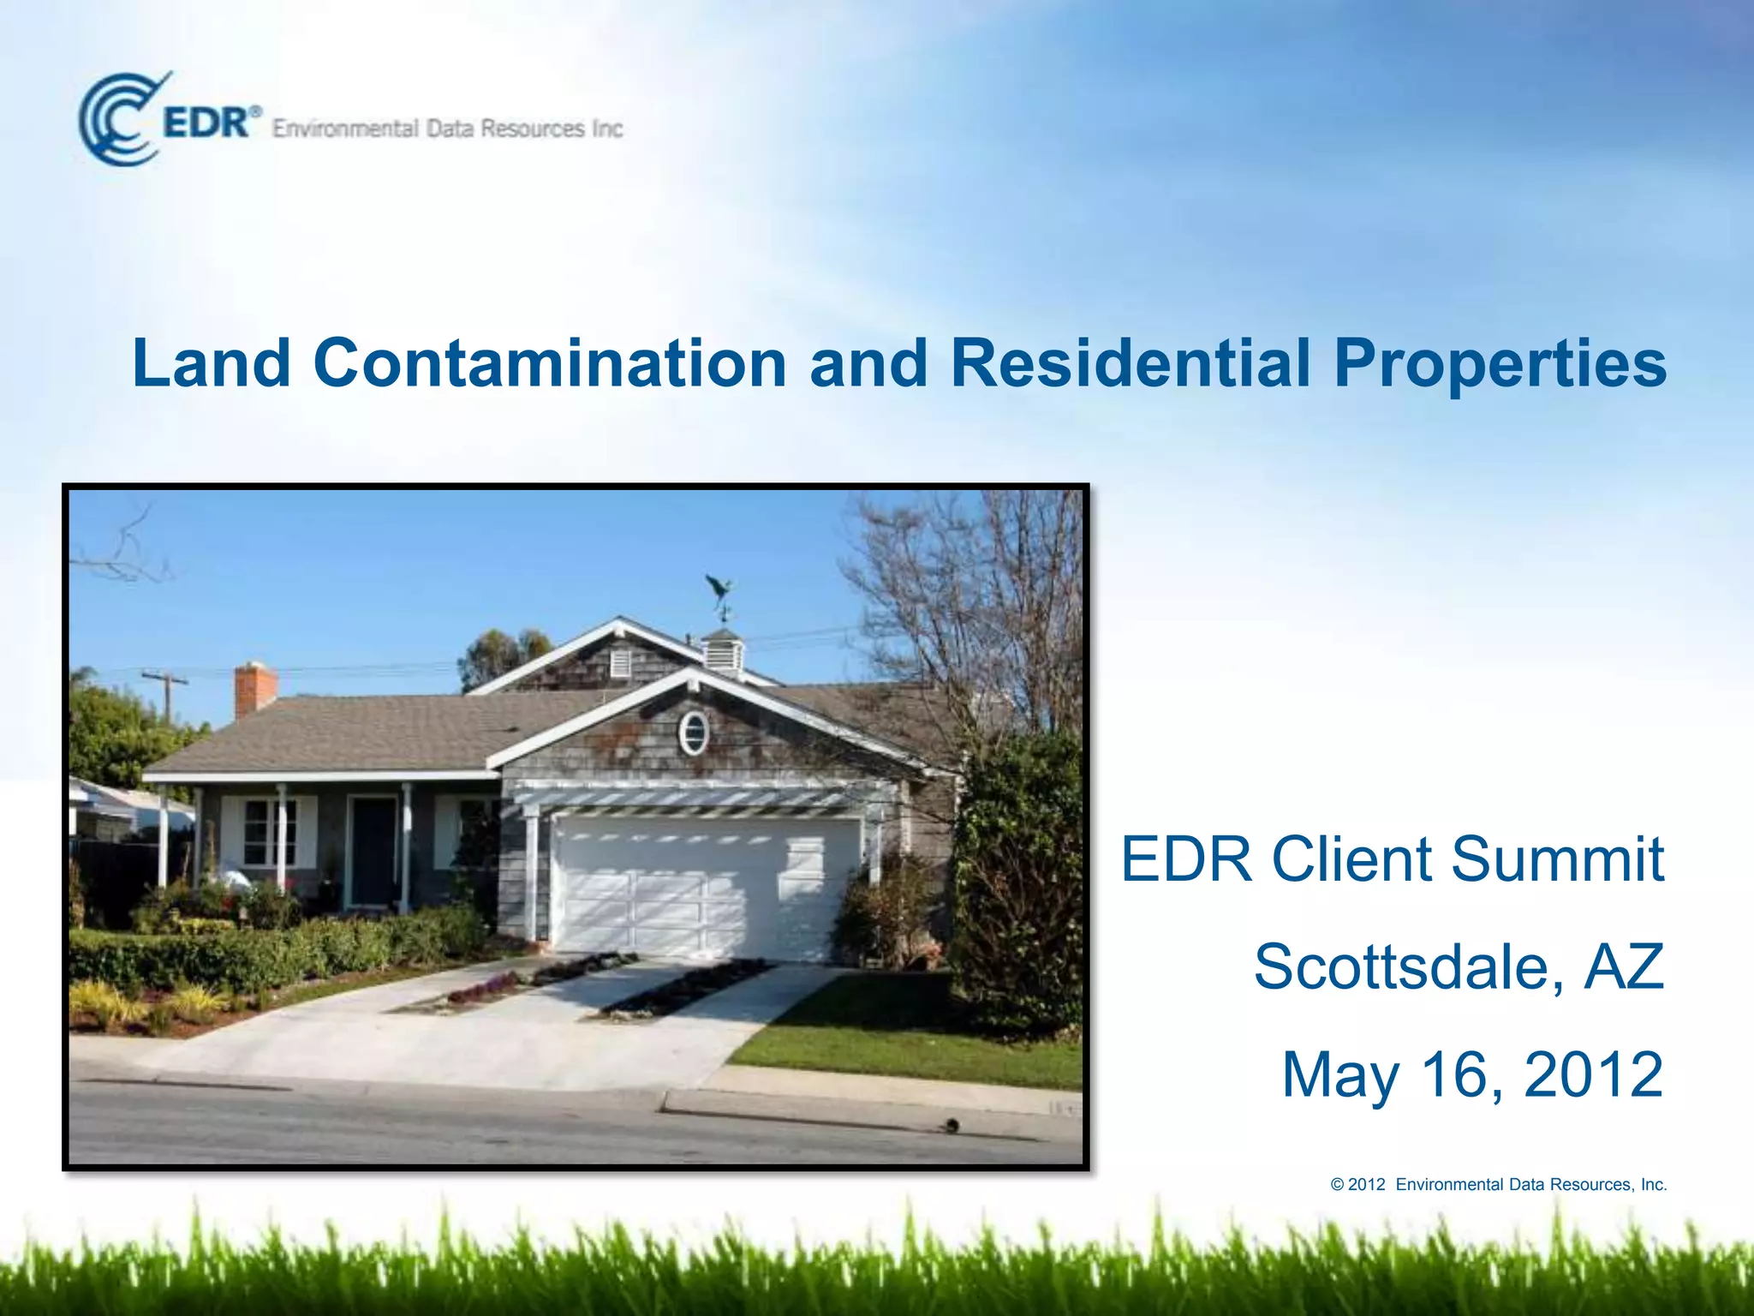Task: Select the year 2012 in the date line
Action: [x=1593, y=1074]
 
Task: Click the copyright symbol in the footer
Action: [x=1337, y=1185]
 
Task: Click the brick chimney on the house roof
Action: [x=255, y=688]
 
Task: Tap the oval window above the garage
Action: [x=694, y=733]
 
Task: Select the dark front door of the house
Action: [x=373, y=852]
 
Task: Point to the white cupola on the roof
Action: [x=721, y=650]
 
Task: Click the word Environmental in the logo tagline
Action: [x=346, y=129]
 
